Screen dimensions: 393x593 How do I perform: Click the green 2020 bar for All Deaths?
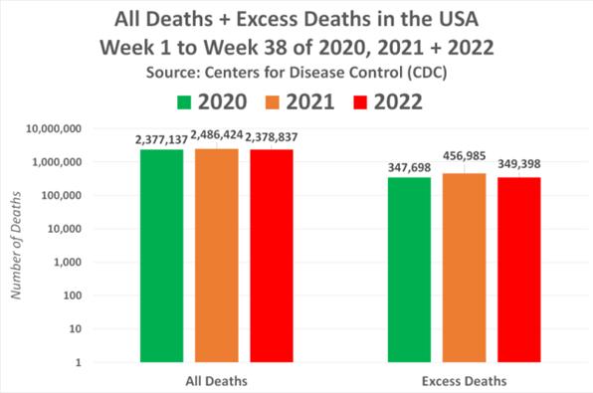pos(162,256)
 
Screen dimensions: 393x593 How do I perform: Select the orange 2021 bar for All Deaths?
pos(217,256)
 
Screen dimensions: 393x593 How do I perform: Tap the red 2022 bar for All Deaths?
pos(272,256)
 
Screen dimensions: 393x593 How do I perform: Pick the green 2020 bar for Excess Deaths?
pos(409,270)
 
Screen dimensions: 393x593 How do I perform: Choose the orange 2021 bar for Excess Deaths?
pos(464,268)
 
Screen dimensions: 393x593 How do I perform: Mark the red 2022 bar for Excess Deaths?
pos(518,270)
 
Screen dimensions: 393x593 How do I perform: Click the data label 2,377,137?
pos(162,140)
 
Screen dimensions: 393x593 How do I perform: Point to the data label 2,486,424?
pos(217,132)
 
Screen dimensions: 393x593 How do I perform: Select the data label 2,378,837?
pos(273,140)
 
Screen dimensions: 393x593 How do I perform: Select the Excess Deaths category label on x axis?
pos(464,380)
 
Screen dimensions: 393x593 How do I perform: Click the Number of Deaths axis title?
pos(15,245)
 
